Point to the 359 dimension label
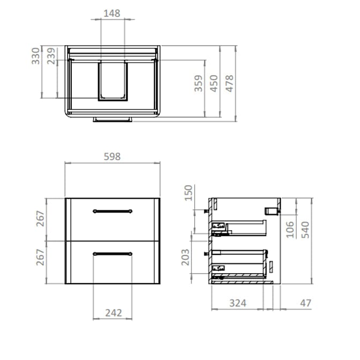[199, 84]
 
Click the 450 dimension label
[214, 84]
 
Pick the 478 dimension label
[230, 84]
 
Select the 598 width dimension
[112, 157]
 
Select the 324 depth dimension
[238, 303]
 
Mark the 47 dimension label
[305, 303]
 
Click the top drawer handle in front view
[112, 211]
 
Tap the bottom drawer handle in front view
[112, 253]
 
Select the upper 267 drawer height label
[40, 218]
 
